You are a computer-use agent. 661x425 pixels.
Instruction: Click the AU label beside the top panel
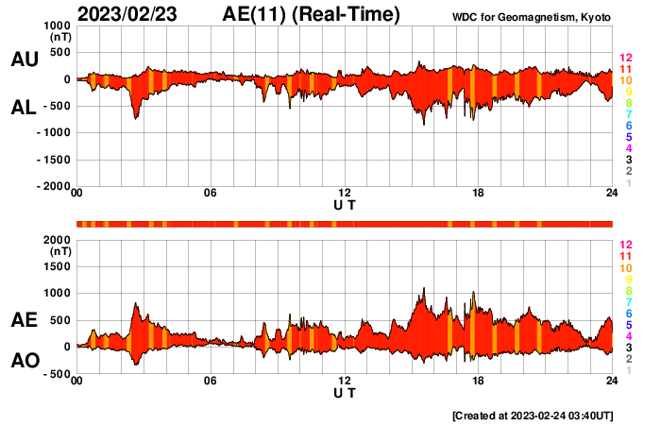coord(24,59)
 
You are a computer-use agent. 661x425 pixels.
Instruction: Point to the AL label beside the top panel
coord(24,108)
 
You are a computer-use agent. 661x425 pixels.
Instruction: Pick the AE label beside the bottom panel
coord(24,320)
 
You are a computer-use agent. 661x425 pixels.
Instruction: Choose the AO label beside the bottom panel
coord(24,361)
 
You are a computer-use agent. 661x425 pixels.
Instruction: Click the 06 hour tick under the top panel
coord(211,194)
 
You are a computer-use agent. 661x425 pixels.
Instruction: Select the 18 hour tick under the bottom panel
coord(479,381)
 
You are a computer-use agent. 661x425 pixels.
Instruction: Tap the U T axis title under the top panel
coord(345,204)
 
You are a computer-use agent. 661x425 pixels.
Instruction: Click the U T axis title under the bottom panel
coord(345,391)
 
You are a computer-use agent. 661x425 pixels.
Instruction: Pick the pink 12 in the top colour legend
coord(625,58)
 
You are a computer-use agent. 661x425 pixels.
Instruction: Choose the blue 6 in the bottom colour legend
coord(628,313)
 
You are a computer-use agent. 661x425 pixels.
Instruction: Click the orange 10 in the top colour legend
coord(625,80)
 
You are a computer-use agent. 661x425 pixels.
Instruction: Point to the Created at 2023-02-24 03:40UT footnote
coord(533,416)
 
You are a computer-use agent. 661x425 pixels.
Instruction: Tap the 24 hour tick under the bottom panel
coord(612,381)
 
